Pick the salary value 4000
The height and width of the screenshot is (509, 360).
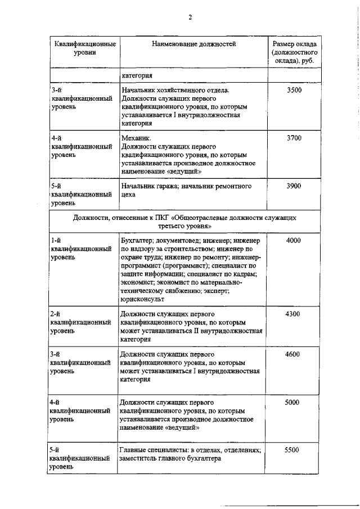pyautogui.click(x=293, y=241)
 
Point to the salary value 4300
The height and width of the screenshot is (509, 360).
pyautogui.click(x=293, y=314)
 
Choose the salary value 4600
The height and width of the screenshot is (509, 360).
pyautogui.click(x=293, y=354)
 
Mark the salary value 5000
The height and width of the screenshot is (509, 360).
pyautogui.click(x=293, y=403)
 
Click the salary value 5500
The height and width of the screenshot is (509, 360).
pyautogui.click(x=293, y=451)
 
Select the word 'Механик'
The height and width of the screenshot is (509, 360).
pyautogui.click(x=136, y=138)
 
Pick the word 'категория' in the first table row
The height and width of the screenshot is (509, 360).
pyautogui.click(x=137, y=75)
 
